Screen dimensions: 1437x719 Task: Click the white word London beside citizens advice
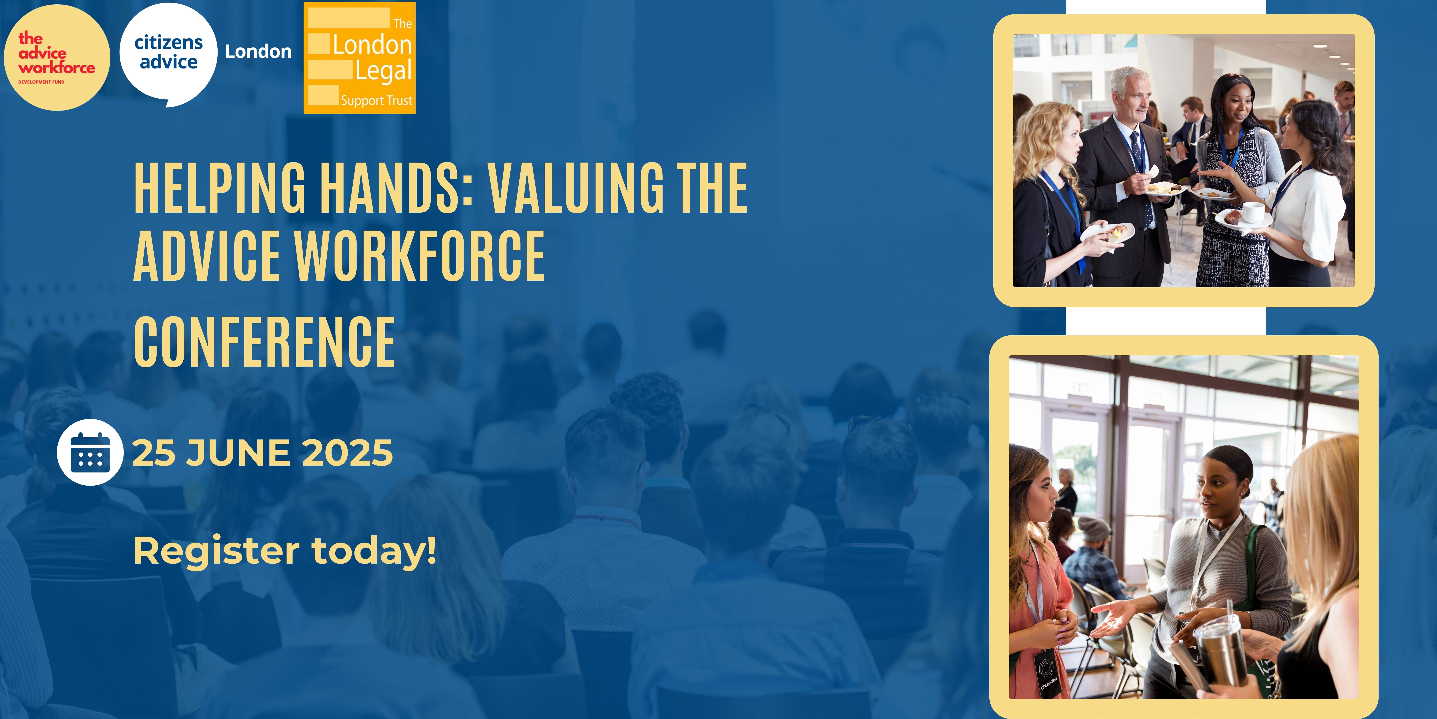[258, 51]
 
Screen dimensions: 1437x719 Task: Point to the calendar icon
[90, 452]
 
